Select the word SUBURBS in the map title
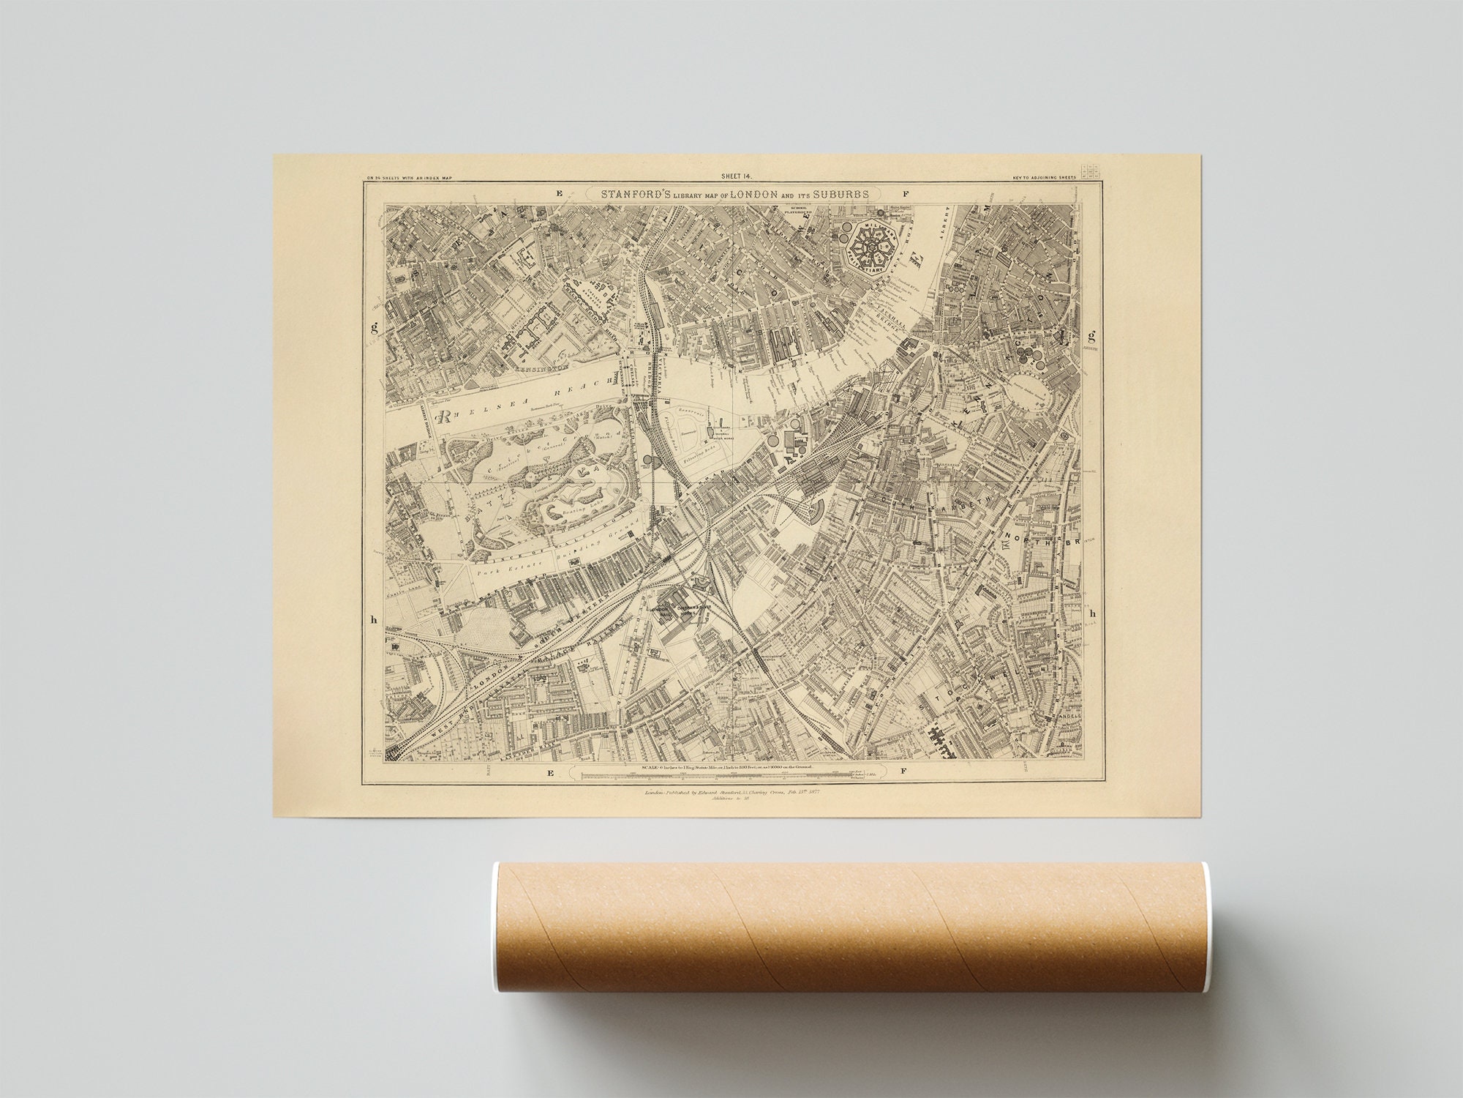(x=838, y=194)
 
